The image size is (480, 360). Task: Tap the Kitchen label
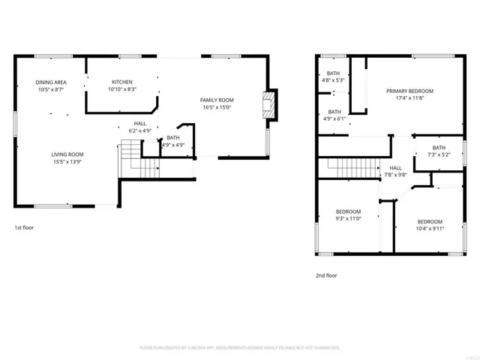(x=122, y=82)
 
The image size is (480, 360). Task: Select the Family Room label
(x=217, y=100)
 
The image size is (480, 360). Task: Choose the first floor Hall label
(x=140, y=124)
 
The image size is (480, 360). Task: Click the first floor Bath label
(x=173, y=137)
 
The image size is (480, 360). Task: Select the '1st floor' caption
(x=24, y=227)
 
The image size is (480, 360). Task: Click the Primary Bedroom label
(x=409, y=91)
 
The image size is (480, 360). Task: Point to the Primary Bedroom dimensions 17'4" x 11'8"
(x=409, y=97)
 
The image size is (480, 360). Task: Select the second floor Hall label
(x=395, y=168)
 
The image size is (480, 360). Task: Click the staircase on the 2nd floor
(x=346, y=166)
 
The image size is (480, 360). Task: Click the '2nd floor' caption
(x=325, y=275)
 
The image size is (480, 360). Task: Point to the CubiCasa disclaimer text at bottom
(x=240, y=347)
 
